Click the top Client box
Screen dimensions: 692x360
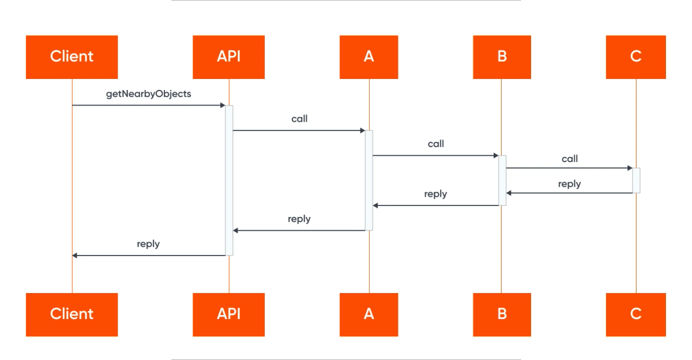click(72, 57)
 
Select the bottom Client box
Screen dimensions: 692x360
click(72, 314)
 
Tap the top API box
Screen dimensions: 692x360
click(228, 57)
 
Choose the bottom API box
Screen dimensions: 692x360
click(228, 314)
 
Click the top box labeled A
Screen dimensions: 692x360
click(369, 57)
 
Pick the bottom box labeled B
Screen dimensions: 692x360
click(502, 314)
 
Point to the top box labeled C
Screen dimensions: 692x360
click(635, 57)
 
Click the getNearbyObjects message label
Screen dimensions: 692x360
click(149, 94)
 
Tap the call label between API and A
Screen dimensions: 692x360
click(299, 119)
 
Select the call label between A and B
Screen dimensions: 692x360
click(436, 144)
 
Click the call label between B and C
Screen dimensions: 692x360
click(570, 159)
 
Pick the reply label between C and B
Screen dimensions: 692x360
click(569, 184)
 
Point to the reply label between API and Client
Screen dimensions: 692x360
click(148, 244)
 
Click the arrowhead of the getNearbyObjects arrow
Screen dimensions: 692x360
click(223, 106)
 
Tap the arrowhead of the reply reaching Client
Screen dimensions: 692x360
click(75, 256)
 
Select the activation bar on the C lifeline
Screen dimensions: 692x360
click(637, 181)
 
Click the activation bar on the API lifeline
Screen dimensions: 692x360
click(230, 181)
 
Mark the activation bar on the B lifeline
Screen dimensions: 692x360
click(502, 181)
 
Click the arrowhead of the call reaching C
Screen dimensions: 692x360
click(630, 168)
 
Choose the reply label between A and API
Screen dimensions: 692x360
click(299, 219)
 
